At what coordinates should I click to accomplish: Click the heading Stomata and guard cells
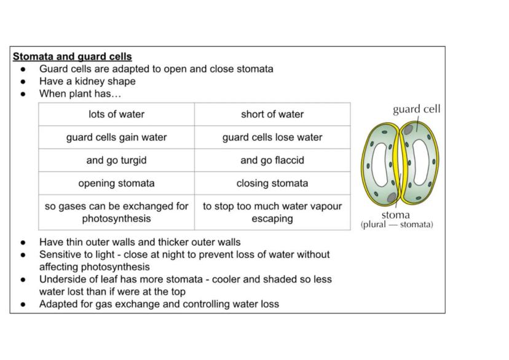pos(73,57)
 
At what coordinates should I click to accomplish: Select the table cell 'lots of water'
pos(117,114)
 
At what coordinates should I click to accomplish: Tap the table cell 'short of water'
pos(272,114)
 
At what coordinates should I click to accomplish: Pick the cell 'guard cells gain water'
pos(117,137)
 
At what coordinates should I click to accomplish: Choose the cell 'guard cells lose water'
pos(272,137)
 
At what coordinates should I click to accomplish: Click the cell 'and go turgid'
pos(117,160)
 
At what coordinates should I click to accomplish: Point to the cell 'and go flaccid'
pos(272,160)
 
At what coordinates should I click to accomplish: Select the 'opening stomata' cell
pos(117,183)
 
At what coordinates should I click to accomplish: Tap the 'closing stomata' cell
pos(272,183)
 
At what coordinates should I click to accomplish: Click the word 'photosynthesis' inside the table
pos(117,219)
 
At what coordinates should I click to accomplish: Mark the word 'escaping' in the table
pos(272,219)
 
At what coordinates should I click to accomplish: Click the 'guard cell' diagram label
pos(417,109)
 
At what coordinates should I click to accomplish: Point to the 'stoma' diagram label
pos(395,215)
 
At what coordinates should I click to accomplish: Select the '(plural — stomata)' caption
pos(397,224)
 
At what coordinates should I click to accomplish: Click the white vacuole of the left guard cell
pos(380,165)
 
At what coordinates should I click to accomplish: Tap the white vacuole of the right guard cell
pos(420,162)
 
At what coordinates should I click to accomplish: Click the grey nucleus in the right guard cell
pos(408,130)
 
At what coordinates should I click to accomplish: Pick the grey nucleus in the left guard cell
pos(392,197)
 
